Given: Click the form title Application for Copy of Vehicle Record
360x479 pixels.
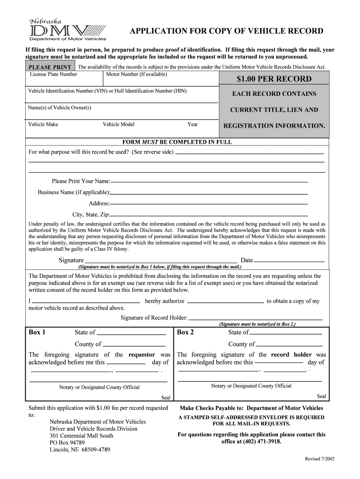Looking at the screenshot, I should [226, 31].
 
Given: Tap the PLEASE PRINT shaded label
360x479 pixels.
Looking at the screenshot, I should [50, 67].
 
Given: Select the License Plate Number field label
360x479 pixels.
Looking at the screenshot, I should [53, 74].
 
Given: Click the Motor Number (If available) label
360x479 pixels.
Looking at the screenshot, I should [137, 74].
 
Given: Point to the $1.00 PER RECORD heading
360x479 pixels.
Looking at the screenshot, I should [274, 79].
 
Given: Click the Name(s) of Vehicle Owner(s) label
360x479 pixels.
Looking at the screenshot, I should [60, 108].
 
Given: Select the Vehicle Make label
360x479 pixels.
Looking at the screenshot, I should [43, 124].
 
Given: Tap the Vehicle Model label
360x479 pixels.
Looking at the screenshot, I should [118, 124].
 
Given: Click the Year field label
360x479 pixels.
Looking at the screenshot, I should [193, 124].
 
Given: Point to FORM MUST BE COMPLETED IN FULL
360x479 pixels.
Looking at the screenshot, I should [177, 142].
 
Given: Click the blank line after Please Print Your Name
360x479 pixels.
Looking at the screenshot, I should [209, 181].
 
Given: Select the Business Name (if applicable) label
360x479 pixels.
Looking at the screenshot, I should [74, 192].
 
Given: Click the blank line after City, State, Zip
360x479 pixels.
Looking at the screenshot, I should [209, 215].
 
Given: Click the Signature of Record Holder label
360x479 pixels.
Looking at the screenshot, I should [154, 318].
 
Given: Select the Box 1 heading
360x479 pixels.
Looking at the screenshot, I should [37, 332].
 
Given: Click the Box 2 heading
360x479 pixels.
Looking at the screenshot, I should [186, 332].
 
